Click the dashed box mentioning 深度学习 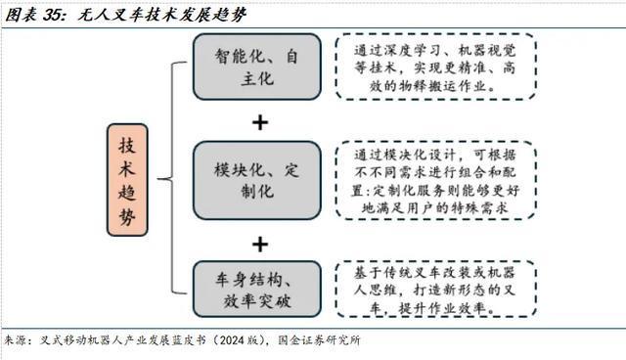pyautogui.click(x=436, y=67)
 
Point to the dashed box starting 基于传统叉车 pyautogui.click(x=436, y=288)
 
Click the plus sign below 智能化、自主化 pyautogui.click(x=259, y=122)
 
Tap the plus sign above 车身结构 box pyautogui.click(x=259, y=243)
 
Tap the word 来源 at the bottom pyautogui.click(x=15, y=341)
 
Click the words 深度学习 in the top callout pyautogui.click(x=416, y=49)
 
